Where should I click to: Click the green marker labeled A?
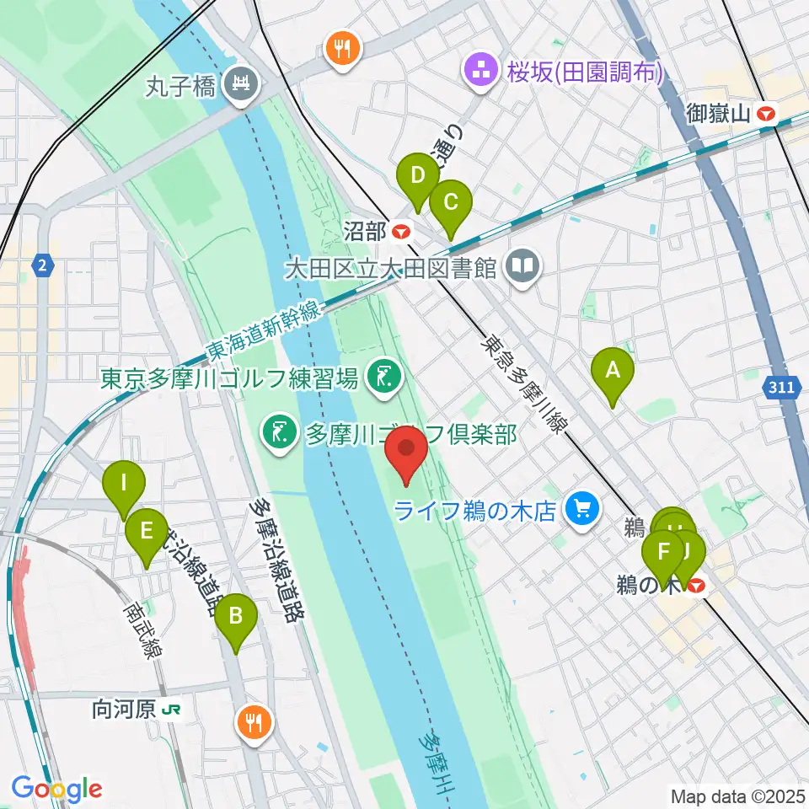[613, 371]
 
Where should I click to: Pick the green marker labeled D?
[417, 176]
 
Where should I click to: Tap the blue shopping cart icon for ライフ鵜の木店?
[581, 508]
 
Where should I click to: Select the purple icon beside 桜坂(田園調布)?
[484, 71]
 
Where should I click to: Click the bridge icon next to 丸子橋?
[241, 84]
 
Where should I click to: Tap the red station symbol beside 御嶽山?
[767, 113]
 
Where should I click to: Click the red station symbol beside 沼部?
[403, 230]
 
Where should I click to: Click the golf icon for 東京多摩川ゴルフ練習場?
[384, 376]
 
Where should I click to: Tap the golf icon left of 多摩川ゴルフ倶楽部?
[277, 433]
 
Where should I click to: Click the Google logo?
[56, 789]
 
